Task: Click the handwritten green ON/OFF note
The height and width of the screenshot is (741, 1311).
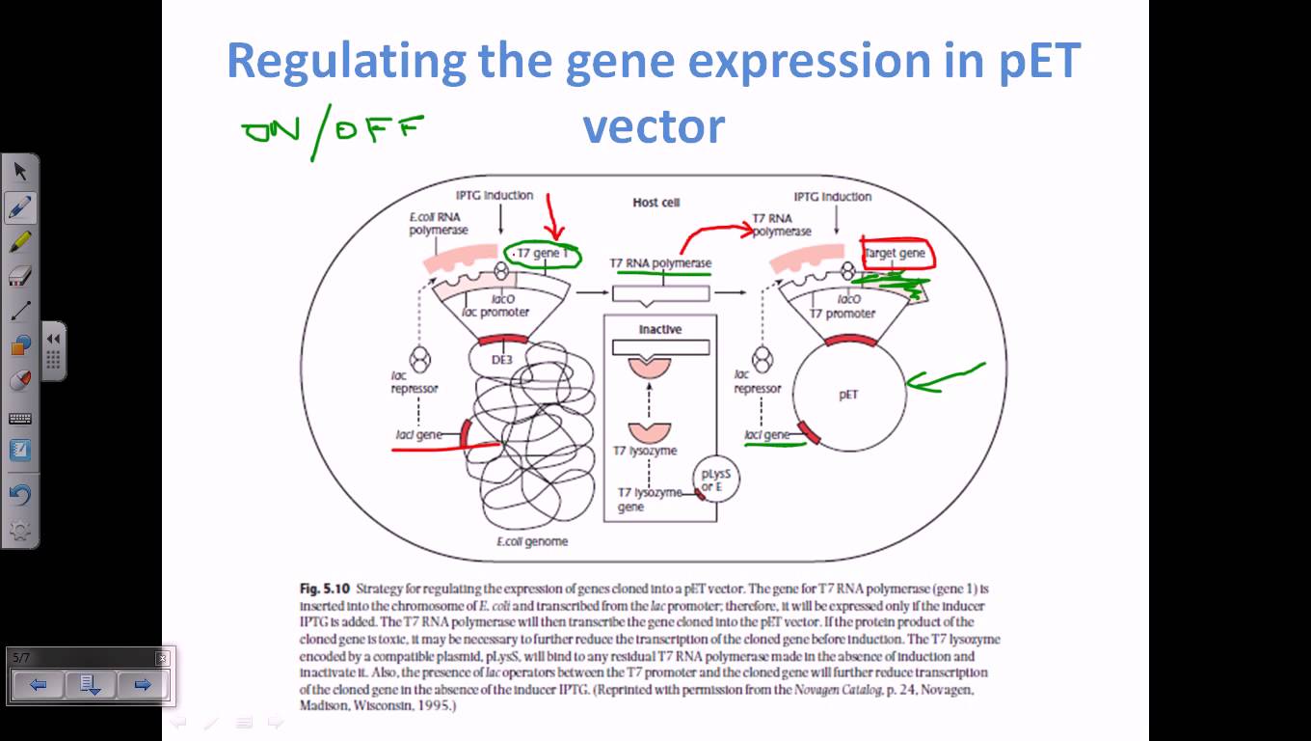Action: (x=333, y=132)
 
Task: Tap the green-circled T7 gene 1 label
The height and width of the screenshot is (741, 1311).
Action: (x=545, y=255)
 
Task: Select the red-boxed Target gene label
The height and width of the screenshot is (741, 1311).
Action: (x=896, y=254)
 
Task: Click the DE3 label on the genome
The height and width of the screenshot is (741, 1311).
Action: (x=500, y=359)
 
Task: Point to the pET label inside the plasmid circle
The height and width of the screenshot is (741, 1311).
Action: (x=848, y=395)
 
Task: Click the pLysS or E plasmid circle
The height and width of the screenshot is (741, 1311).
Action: (x=714, y=480)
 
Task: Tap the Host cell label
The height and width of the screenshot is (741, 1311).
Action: (x=655, y=203)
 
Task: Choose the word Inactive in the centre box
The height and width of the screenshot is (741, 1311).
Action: (x=660, y=330)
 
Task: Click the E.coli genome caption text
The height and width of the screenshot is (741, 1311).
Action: (x=532, y=541)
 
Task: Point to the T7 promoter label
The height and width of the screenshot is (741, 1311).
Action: (x=843, y=314)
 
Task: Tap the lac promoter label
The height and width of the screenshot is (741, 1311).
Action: (x=495, y=313)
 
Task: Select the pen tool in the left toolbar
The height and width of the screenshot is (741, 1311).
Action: (x=20, y=206)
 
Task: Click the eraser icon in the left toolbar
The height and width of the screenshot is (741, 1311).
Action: (x=20, y=277)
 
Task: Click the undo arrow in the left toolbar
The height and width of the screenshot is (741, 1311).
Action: (x=20, y=495)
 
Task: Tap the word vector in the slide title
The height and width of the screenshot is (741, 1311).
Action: (x=654, y=126)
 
